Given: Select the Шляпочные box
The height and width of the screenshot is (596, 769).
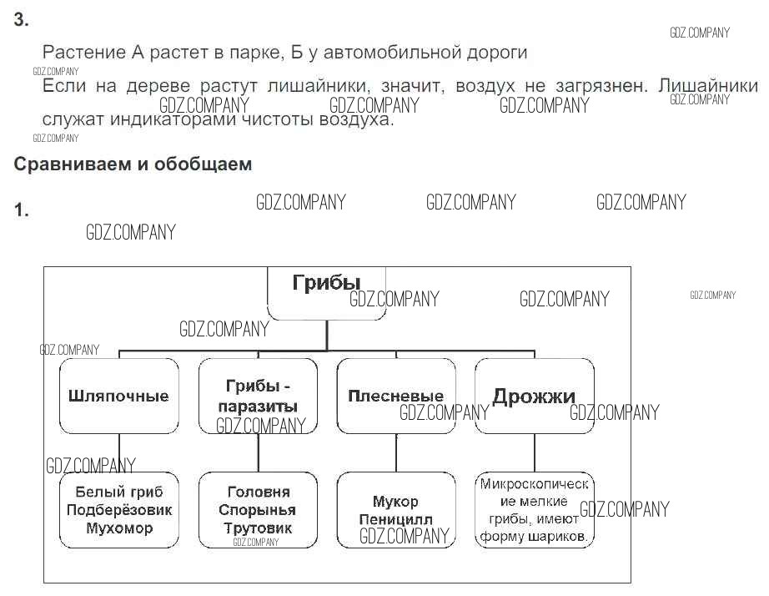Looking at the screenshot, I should pyautogui.click(x=119, y=396).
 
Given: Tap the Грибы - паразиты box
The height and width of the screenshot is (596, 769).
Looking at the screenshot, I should pyautogui.click(x=258, y=396).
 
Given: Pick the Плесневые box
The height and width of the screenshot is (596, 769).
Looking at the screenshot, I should pyautogui.click(x=395, y=396).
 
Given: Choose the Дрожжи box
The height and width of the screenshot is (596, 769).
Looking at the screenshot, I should pyautogui.click(x=534, y=396).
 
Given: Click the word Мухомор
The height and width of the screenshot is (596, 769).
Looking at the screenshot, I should pyautogui.click(x=120, y=528).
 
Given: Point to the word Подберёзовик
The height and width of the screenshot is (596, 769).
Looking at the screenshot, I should pyautogui.click(x=120, y=510).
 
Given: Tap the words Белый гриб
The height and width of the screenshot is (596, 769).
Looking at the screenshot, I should pyautogui.click(x=120, y=492).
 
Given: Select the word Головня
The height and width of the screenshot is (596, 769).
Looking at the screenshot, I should pyautogui.click(x=259, y=492).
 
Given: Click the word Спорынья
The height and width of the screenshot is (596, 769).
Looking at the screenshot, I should pyautogui.click(x=258, y=510).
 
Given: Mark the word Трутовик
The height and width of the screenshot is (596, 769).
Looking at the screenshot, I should pyautogui.click(x=258, y=528).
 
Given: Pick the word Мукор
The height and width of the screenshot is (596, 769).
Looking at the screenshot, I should pyautogui.click(x=396, y=502).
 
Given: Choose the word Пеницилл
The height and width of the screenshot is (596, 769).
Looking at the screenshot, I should pyautogui.click(x=396, y=519).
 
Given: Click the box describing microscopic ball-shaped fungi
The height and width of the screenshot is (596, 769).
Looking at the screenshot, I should pyautogui.click(x=535, y=510).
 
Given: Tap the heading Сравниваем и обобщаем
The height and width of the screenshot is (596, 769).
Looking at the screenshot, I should pyautogui.click(x=133, y=164).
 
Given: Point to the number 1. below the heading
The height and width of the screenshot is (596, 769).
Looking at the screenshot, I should pyautogui.click(x=22, y=210).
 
